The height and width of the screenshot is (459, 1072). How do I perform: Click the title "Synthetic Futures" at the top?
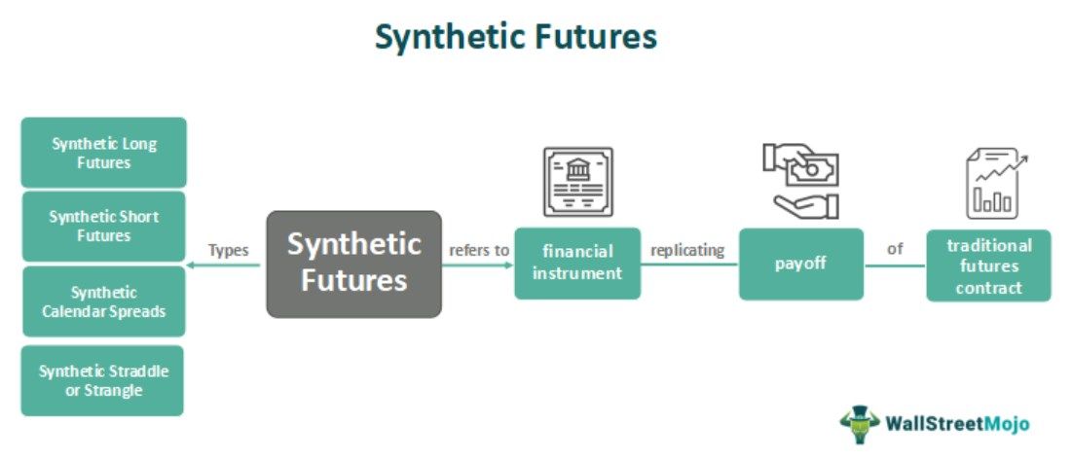[516, 37]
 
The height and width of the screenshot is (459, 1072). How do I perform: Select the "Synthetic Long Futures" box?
[103, 153]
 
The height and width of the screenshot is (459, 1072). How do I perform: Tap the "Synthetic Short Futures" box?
[103, 226]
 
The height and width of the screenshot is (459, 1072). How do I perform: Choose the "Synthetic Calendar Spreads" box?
[103, 301]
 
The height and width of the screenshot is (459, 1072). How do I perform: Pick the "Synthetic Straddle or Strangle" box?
[103, 380]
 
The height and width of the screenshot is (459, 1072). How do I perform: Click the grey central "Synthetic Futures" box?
[353, 264]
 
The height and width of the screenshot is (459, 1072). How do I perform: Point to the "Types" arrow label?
[228, 250]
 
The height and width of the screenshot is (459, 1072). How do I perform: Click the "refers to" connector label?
[479, 250]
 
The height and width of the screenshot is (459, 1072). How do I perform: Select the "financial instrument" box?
[577, 263]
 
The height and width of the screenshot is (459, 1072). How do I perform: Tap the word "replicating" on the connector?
[687, 250]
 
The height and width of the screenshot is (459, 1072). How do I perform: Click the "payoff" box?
[801, 264]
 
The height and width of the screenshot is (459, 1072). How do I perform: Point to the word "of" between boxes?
[895, 250]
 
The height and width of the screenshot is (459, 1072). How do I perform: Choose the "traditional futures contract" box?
[988, 265]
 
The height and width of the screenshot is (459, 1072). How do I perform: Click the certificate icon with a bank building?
[577, 182]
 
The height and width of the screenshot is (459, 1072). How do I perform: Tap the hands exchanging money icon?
[800, 180]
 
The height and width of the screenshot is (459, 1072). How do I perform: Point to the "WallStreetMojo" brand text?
[957, 424]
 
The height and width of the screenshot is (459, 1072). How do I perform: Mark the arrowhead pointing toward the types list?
[192, 265]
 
